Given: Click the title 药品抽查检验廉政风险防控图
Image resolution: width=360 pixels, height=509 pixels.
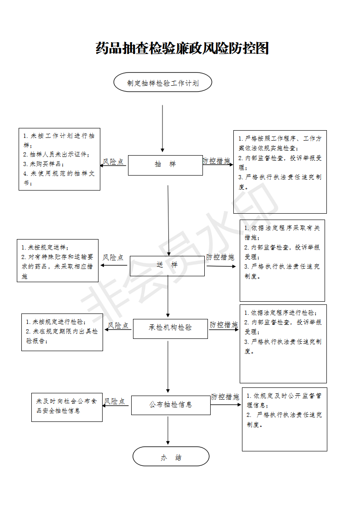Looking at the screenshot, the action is (x=182, y=49).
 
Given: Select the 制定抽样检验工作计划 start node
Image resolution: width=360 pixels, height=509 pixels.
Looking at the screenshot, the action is (x=163, y=82).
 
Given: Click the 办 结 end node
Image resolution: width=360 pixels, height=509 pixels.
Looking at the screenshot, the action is (x=171, y=456).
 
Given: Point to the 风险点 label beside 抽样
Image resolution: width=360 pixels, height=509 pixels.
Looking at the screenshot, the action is (x=113, y=162).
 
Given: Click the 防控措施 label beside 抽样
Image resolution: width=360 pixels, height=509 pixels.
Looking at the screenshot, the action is (x=217, y=161).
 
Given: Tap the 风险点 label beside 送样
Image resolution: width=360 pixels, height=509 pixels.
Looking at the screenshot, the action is (x=113, y=257).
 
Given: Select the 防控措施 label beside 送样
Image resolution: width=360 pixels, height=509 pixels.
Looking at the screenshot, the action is (x=220, y=257).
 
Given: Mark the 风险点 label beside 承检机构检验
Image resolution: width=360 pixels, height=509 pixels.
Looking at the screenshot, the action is (x=118, y=325).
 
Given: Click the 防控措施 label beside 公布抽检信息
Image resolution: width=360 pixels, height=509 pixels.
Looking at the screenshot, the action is (x=225, y=396).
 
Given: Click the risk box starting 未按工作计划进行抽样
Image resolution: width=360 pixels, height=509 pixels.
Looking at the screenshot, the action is (x=59, y=159).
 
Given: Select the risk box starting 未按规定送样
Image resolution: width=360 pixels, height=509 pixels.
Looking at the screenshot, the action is (x=58, y=261).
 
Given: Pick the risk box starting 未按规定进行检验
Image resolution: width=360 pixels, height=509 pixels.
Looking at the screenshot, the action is (x=62, y=332).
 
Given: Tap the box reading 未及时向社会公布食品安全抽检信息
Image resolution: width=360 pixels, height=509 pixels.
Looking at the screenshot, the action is (x=67, y=407).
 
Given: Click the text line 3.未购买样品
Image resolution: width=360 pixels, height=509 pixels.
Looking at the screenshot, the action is (x=44, y=164).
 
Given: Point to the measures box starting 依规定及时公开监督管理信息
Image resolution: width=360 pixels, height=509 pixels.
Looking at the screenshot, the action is (x=285, y=420).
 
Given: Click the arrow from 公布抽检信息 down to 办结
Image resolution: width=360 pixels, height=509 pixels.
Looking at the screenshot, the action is (x=168, y=431).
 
